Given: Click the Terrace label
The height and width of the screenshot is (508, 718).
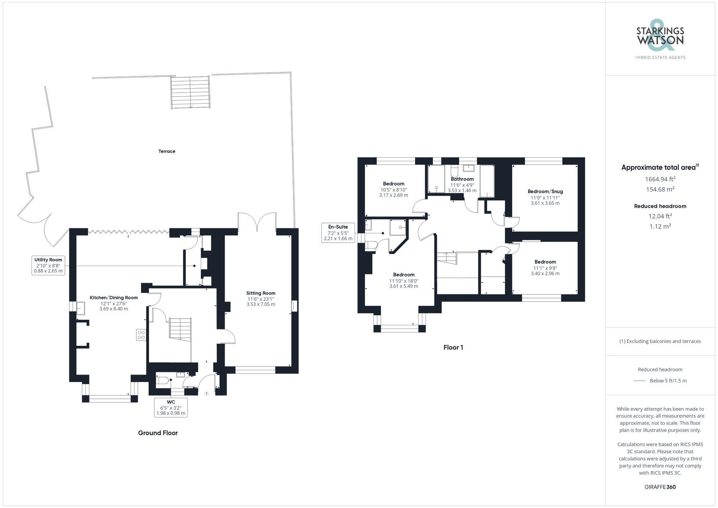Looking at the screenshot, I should click(167, 151).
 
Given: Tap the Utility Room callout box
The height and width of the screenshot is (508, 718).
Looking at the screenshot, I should click(48, 265).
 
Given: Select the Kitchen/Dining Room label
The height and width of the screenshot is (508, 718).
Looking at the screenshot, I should click(113, 298).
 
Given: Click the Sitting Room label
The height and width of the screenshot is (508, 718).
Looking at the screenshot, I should click(261, 293).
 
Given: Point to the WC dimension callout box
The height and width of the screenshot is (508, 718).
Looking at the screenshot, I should click(171, 407).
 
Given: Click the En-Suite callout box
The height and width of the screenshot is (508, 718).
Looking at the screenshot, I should click(338, 233).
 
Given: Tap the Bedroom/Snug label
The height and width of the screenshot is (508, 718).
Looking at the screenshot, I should click(545, 191).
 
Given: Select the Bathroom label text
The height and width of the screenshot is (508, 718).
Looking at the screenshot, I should click(462, 179).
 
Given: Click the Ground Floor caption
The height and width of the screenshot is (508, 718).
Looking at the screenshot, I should click(158, 433).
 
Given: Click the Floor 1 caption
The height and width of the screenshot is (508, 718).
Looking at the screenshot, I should click(453, 348).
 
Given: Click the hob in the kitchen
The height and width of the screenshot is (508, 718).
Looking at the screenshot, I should click(141, 335).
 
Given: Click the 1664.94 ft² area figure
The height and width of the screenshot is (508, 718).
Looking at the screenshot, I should click(660, 179).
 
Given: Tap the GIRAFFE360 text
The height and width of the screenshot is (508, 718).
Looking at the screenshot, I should click(660, 487).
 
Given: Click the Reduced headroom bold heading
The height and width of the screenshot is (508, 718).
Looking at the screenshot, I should click(660, 206).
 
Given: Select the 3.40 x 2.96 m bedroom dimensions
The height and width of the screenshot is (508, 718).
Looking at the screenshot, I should click(545, 274).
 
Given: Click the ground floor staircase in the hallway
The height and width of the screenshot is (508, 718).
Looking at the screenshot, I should click(180, 328).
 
